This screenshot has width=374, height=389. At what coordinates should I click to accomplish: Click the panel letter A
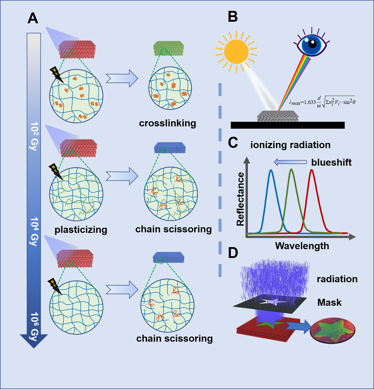(33, 18)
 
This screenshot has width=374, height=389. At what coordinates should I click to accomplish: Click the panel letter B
(233, 17)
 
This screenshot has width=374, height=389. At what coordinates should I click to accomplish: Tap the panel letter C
(233, 143)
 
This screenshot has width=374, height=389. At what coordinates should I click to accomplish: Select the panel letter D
(233, 253)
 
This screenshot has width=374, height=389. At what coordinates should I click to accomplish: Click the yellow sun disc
(236, 52)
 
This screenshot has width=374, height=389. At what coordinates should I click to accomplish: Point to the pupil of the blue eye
(312, 44)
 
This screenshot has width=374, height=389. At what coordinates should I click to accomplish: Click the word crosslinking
(168, 123)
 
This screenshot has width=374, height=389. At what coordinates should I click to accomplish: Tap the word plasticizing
(81, 230)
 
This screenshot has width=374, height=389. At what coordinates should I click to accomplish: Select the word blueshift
(331, 162)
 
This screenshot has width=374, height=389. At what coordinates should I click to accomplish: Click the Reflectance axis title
(241, 199)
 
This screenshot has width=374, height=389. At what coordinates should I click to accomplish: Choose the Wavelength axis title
(302, 246)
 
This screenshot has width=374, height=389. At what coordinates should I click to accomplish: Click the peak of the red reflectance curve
(311, 170)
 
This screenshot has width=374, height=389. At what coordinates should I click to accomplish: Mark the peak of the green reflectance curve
(291, 170)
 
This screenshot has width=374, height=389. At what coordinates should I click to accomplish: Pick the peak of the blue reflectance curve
(271, 170)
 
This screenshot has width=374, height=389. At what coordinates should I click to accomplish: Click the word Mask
(329, 302)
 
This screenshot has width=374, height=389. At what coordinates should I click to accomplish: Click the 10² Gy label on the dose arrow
(34, 136)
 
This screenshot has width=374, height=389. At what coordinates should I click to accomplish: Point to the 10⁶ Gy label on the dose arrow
(34, 326)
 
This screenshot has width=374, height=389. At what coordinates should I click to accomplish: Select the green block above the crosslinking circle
(168, 49)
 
